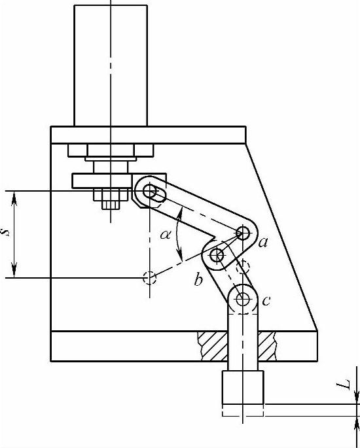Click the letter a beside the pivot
[262, 243]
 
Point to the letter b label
[198, 279]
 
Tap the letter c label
[266, 301]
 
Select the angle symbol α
[166, 235]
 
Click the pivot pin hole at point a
[243, 233]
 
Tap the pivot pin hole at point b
[217, 255]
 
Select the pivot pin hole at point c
[243, 299]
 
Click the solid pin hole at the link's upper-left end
[150, 191]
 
